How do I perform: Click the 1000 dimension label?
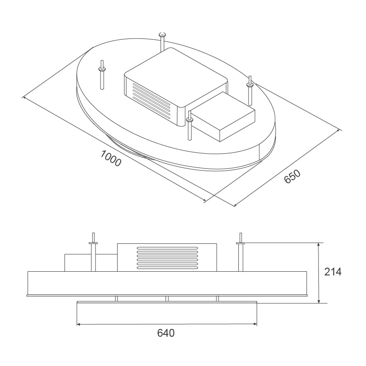coord(110,158)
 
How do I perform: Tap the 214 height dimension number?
coord(333,272)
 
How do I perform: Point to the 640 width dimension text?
coord(166,333)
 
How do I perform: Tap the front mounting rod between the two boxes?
coord(189,128)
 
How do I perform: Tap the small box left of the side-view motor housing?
coord(78,262)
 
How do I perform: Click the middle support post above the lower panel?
coord(167,299)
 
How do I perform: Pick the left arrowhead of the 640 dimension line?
coord(79,325)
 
